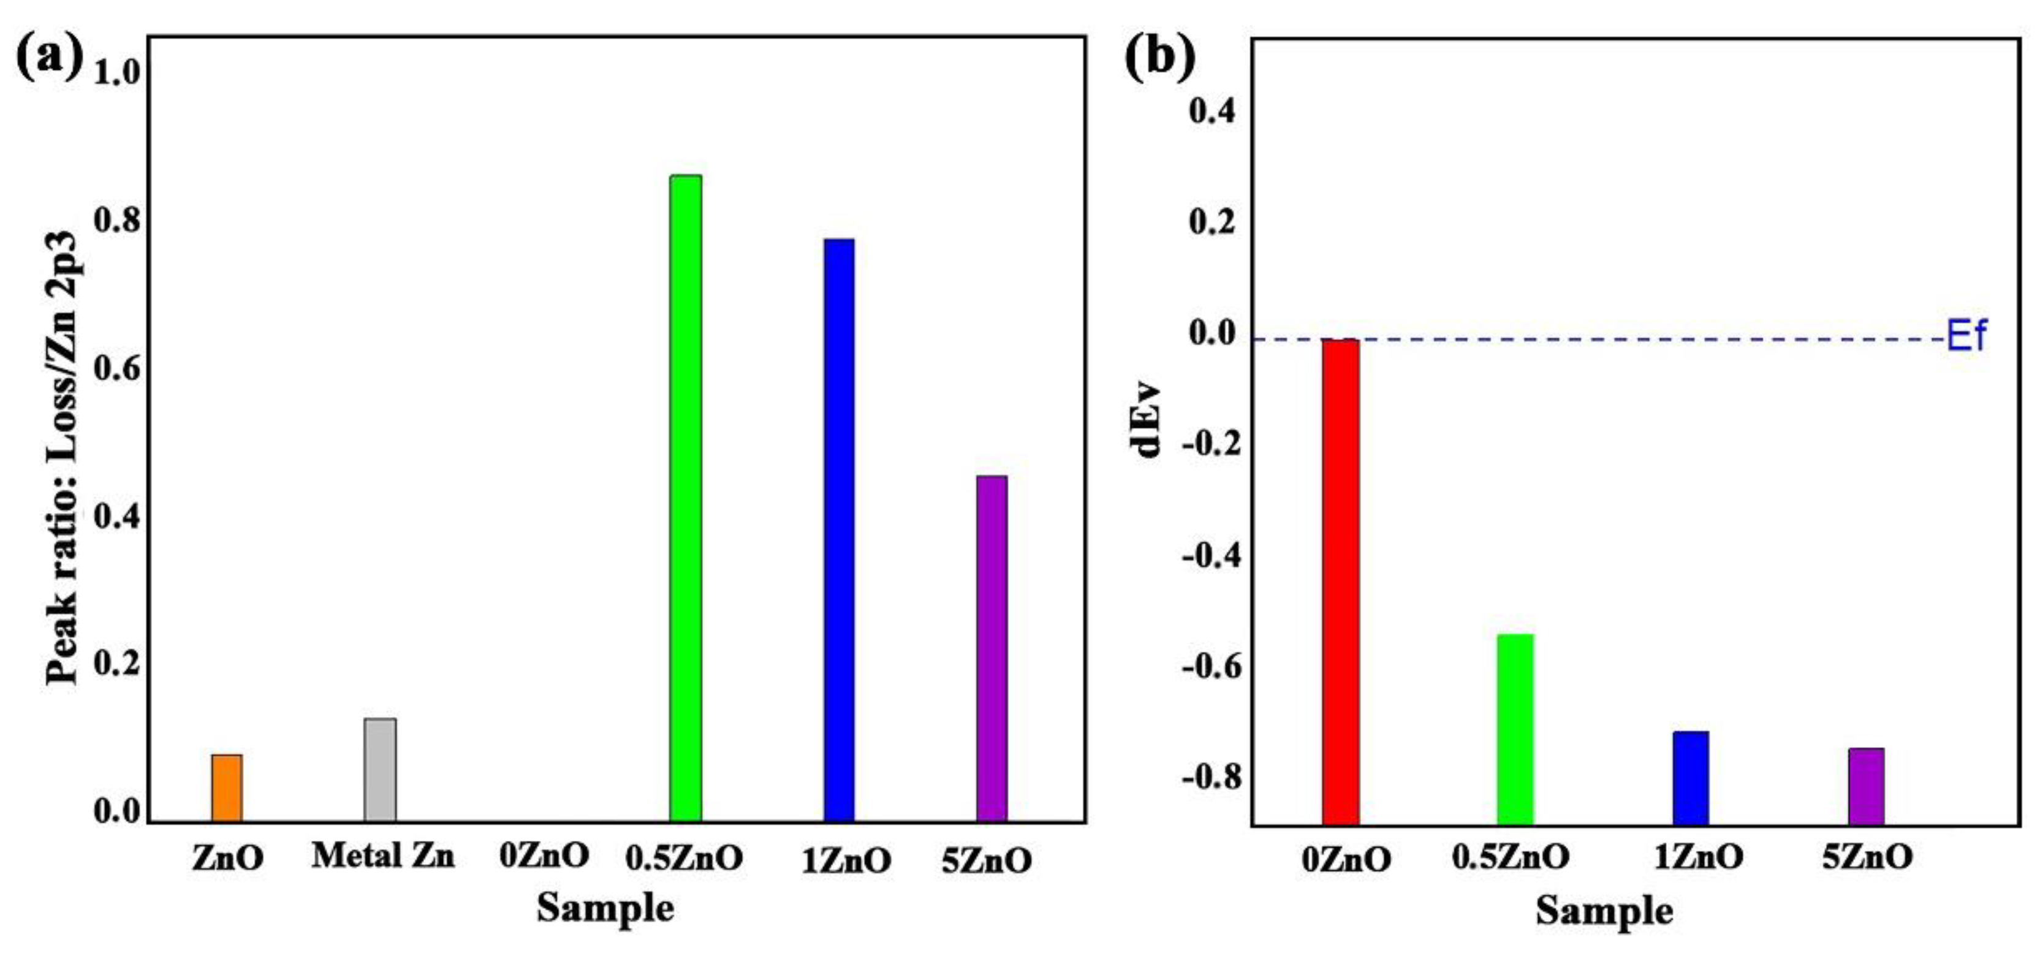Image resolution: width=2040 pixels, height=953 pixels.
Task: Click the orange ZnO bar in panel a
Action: click(x=227, y=788)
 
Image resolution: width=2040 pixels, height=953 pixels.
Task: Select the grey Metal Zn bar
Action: click(x=380, y=769)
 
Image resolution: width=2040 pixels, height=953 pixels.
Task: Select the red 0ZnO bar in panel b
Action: click(x=1340, y=582)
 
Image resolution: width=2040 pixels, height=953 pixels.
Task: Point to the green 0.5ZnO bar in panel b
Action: click(x=1515, y=729)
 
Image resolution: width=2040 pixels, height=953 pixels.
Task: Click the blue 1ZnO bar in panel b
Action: click(x=1691, y=777)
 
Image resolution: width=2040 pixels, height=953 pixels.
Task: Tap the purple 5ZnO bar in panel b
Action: click(x=1867, y=786)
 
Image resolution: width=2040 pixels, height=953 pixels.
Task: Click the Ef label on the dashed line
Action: click(x=1966, y=336)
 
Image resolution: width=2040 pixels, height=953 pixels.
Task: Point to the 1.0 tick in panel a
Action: click(x=116, y=73)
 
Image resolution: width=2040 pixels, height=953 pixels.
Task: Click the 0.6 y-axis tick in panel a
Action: click(x=116, y=368)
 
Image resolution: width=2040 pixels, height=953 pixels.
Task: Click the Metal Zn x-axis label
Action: click(x=383, y=856)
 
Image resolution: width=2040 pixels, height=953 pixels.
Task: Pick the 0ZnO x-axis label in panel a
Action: click(x=545, y=856)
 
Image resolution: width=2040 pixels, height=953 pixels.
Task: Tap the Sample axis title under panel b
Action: click(x=1604, y=910)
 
